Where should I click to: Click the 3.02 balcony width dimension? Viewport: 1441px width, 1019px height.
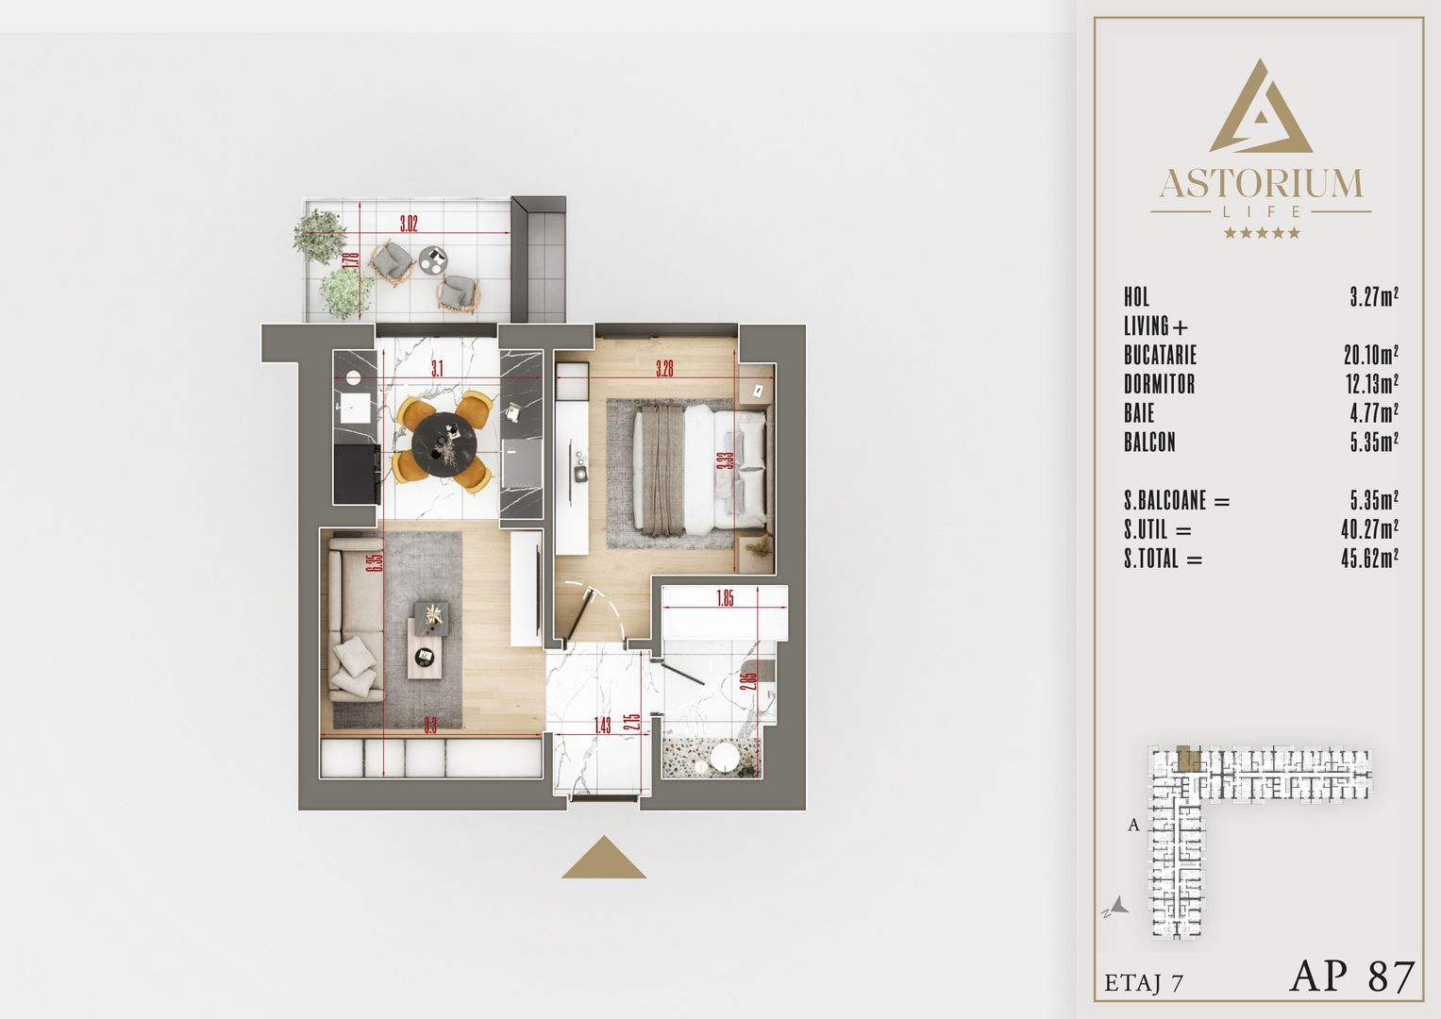tap(408, 224)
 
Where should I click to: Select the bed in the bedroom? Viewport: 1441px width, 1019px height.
tap(698, 469)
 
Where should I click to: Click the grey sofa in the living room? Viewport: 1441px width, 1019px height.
tap(353, 618)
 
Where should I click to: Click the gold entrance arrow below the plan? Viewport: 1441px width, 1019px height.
tap(604, 858)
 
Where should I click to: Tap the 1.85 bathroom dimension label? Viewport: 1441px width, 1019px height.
tap(725, 598)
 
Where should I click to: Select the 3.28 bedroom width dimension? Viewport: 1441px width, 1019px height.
tap(665, 369)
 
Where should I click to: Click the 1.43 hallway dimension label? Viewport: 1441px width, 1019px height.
tap(602, 726)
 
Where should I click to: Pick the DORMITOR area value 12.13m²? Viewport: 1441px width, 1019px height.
tap(1370, 384)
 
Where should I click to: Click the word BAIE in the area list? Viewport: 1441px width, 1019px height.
tap(1139, 413)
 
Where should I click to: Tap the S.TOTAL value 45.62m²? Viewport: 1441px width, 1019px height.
tap(1369, 559)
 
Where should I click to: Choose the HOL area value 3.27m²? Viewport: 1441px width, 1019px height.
tap(1373, 297)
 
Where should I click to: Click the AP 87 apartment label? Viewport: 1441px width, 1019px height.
tap(1352, 977)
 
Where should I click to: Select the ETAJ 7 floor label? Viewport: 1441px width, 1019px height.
tap(1144, 983)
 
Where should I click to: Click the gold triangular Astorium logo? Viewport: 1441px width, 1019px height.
tap(1261, 108)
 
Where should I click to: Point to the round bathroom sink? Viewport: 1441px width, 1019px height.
tap(725, 759)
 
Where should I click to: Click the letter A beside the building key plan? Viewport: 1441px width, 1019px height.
tap(1133, 825)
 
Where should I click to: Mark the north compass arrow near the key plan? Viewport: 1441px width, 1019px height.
tap(1117, 907)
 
